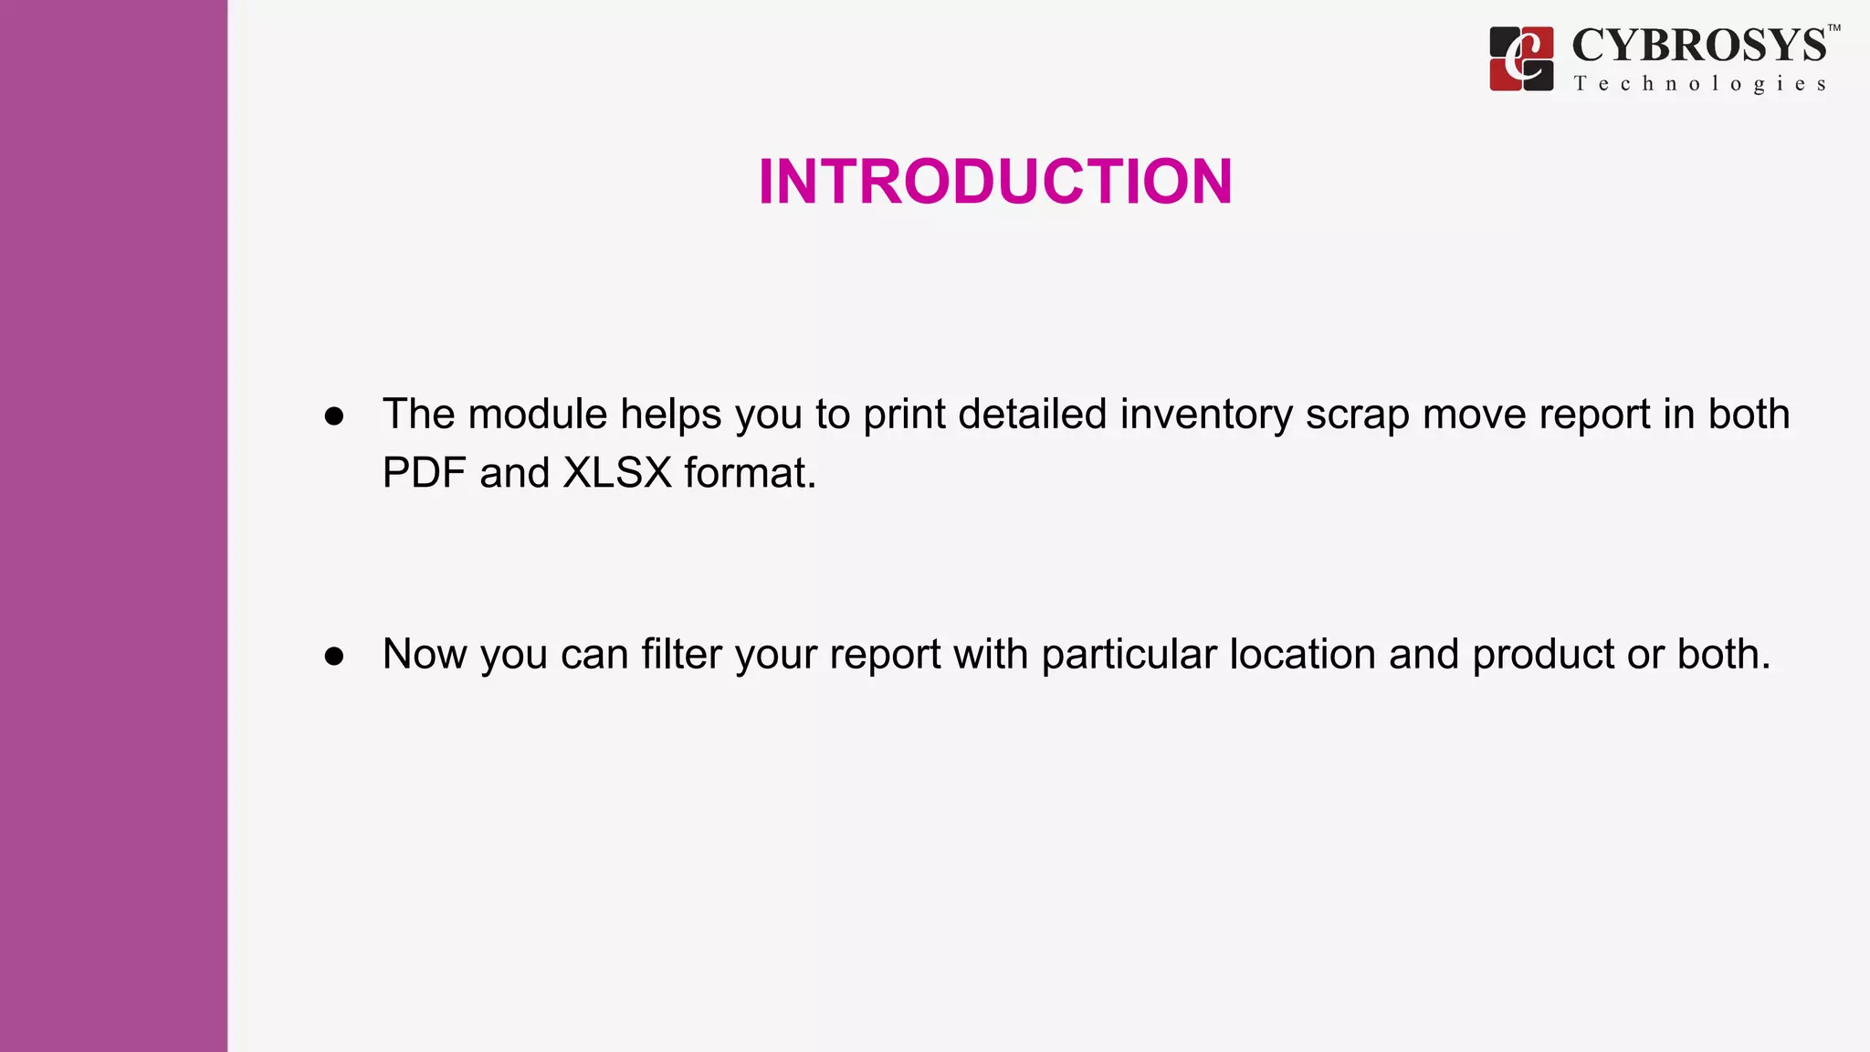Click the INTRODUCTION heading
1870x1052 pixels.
(x=995, y=181)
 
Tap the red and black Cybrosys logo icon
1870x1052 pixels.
(x=1521, y=58)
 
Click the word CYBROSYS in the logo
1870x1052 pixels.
(x=1699, y=46)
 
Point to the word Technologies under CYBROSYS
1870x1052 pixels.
(x=1699, y=84)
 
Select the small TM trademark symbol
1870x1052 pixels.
(x=1833, y=28)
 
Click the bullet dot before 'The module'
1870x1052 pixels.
(x=334, y=416)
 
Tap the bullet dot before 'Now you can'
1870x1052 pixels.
(x=334, y=657)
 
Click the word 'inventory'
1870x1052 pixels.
(x=1206, y=416)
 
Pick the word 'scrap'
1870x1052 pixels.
(x=1358, y=416)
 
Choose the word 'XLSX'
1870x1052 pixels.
(x=617, y=473)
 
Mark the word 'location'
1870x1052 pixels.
(x=1303, y=654)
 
